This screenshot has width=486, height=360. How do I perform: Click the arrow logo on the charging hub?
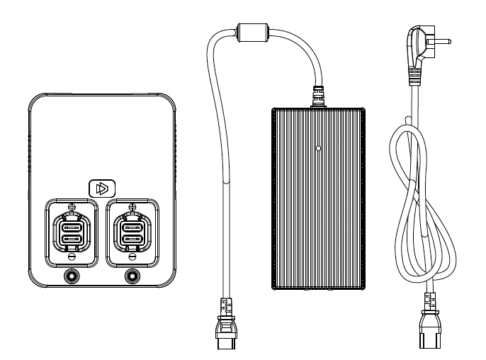103,188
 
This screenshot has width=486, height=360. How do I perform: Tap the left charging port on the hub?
72,232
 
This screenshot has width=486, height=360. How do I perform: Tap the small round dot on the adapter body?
317,150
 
